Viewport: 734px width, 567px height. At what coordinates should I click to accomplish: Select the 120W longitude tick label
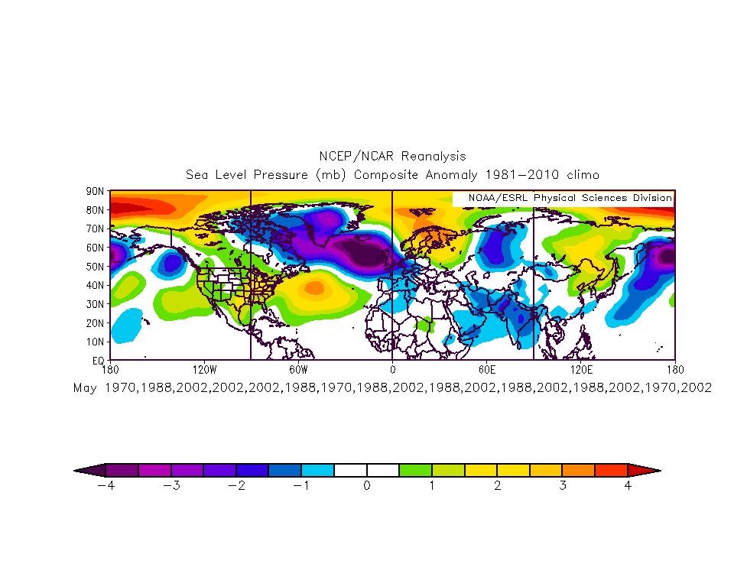[204, 369]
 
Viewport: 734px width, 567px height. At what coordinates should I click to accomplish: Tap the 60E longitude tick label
[486, 369]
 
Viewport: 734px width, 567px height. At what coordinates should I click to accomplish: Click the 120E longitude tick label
[581, 369]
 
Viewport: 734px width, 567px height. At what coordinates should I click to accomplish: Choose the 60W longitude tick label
[298, 369]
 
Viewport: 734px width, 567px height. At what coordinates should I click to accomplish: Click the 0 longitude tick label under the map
[392, 369]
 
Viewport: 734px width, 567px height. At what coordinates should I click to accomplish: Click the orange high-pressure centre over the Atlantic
[314, 288]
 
